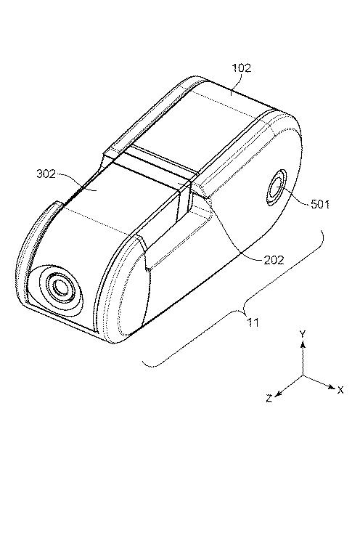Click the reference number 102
[242, 68]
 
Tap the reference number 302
[46, 174]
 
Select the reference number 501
[320, 204]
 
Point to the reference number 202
[274, 260]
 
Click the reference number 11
[253, 322]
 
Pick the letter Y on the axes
[303, 334]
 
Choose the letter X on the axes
[340, 390]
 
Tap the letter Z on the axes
[269, 398]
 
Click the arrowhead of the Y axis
[303, 345]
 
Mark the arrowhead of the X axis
[331, 386]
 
